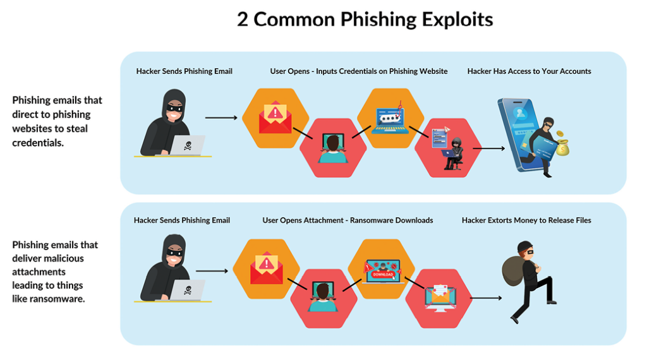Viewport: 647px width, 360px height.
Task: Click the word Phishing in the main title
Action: (x=378, y=19)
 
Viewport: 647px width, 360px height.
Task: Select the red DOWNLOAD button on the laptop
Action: (x=383, y=275)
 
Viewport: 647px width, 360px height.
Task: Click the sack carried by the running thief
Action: (x=513, y=268)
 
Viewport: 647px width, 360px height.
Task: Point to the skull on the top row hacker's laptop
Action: (x=188, y=146)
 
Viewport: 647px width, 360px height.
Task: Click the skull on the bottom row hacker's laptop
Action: (x=188, y=291)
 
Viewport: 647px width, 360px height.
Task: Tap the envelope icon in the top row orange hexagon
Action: (x=275, y=117)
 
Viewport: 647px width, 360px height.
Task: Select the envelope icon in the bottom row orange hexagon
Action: (x=266, y=268)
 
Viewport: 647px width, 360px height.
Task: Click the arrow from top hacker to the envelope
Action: (x=221, y=117)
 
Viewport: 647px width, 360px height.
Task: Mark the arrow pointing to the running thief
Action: (x=486, y=297)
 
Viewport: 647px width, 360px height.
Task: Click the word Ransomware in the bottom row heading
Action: (x=368, y=220)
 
